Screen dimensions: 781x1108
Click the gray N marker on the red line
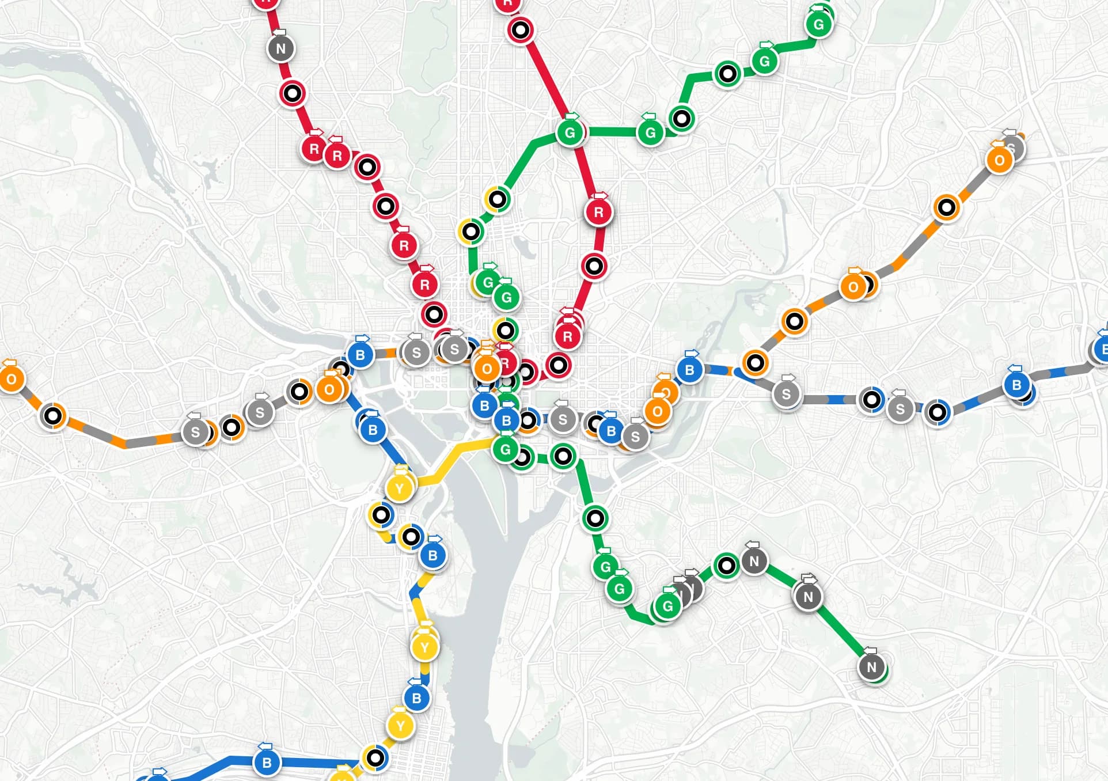[x=280, y=48]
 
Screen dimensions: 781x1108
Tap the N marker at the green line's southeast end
[x=871, y=667]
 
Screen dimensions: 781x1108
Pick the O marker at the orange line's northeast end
[x=1000, y=160]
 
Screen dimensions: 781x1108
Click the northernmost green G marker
[x=818, y=24]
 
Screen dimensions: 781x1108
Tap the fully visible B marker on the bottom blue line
[x=267, y=763]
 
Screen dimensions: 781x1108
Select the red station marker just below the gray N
[x=292, y=93]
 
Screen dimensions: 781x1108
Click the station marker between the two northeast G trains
[x=728, y=74]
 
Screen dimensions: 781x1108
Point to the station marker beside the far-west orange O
[x=53, y=415]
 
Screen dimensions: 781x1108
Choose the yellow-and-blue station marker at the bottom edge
[x=375, y=757]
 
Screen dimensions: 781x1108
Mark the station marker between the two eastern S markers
[x=871, y=399]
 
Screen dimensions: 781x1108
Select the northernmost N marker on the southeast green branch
[x=754, y=560]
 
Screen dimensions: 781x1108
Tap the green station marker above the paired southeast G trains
[x=595, y=518]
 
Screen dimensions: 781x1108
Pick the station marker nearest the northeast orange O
[x=946, y=207]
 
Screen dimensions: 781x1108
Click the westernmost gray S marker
[x=195, y=432]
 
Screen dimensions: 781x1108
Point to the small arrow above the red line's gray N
[x=279, y=32]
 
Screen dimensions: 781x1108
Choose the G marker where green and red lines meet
[x=570, y=133]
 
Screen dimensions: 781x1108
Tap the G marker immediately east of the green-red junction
[x=650, y=133]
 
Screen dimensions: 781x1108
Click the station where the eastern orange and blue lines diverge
[x=755, y=363]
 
